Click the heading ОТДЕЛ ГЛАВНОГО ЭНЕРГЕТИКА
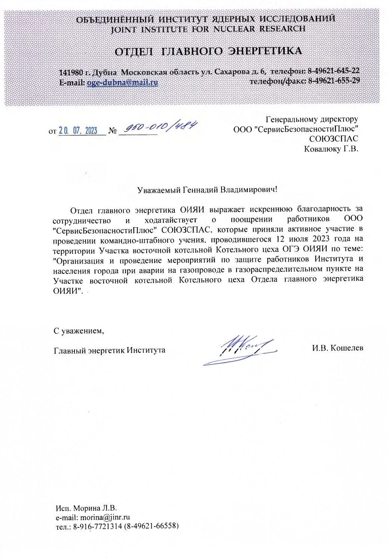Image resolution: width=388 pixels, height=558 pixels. pos(208,51)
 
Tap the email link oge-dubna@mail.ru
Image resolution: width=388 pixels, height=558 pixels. pos(122,82)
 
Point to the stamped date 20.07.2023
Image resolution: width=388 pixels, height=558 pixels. pos(78,131)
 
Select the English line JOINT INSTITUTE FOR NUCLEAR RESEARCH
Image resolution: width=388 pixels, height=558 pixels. pos(208,29)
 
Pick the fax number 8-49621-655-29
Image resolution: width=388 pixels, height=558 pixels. pos(334,81)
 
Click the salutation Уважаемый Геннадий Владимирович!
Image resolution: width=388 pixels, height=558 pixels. pos(207,189)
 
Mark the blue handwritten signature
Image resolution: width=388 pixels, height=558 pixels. pos(241,349)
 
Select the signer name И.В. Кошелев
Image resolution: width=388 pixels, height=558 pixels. pos(337,348)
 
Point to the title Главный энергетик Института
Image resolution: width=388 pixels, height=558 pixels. pos(110,350)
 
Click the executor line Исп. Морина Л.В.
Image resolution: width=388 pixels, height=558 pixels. pos(86,508)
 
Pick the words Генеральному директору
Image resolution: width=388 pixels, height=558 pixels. pos(312,119)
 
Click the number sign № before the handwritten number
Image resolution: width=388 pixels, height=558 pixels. pos(112,131)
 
